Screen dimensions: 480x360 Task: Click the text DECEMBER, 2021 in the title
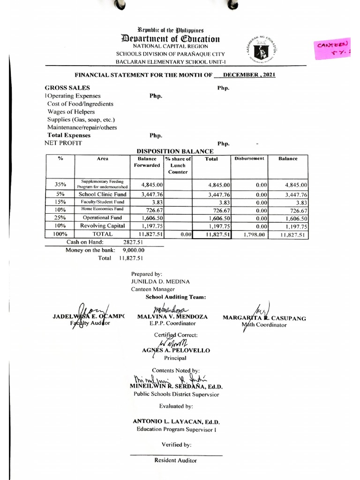pyautogui.click(x=249, y=75)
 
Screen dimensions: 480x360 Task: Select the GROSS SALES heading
pyautogui.click(x=67, y=88)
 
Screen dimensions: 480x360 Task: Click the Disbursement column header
pyautogui.click(x=249, y=159)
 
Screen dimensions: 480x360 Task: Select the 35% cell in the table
pyautogui.click(x=60, y=184)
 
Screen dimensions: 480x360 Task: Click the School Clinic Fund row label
pyautogui.click(x=102, y=194)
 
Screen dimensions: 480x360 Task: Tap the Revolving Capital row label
pyautogui.click(x=102, y=225)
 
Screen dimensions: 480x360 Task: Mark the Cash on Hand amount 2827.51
pyautogui.click(x=133, y=242)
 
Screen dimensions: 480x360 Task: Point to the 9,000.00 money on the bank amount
pyautogui.click(x=133, y=250)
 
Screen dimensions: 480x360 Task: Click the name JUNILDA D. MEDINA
pyautogui.click(x=160, y=281)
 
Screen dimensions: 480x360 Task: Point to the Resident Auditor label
pyautogui.click(x=176, y=460)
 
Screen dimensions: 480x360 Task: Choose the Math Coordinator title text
pyautogui.click(x=264, y=325)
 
